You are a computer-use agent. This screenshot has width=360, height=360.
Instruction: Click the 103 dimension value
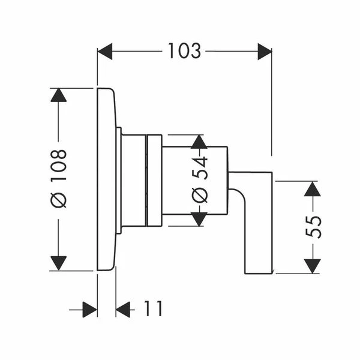pyautogui.click(x=185, y=51)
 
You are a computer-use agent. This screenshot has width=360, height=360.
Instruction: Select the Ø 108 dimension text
pyautogui.click(x=59, y=178)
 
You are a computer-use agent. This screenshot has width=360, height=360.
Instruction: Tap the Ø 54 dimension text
pyautogui.click(x=199, y=179)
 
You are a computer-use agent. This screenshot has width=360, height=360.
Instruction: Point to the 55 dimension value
pyautogui.click(x=313, y=227)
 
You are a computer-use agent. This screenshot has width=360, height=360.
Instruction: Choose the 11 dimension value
pyautogui.click(x=153, y=309)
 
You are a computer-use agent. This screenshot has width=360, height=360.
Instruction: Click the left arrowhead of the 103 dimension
pyautogui.click(x=105, y=52)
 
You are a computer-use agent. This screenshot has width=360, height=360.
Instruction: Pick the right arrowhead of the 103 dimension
pyautogui.click(x=265, y=52)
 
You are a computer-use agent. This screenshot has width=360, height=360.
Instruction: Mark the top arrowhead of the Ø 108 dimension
pyautogui.click(x=59, y=95)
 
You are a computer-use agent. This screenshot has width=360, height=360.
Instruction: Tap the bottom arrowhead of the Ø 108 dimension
pyautogui.click(x=59, y=263)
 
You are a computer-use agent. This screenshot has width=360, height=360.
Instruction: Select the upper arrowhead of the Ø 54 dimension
pyautogui.click(x=199, y=142)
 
